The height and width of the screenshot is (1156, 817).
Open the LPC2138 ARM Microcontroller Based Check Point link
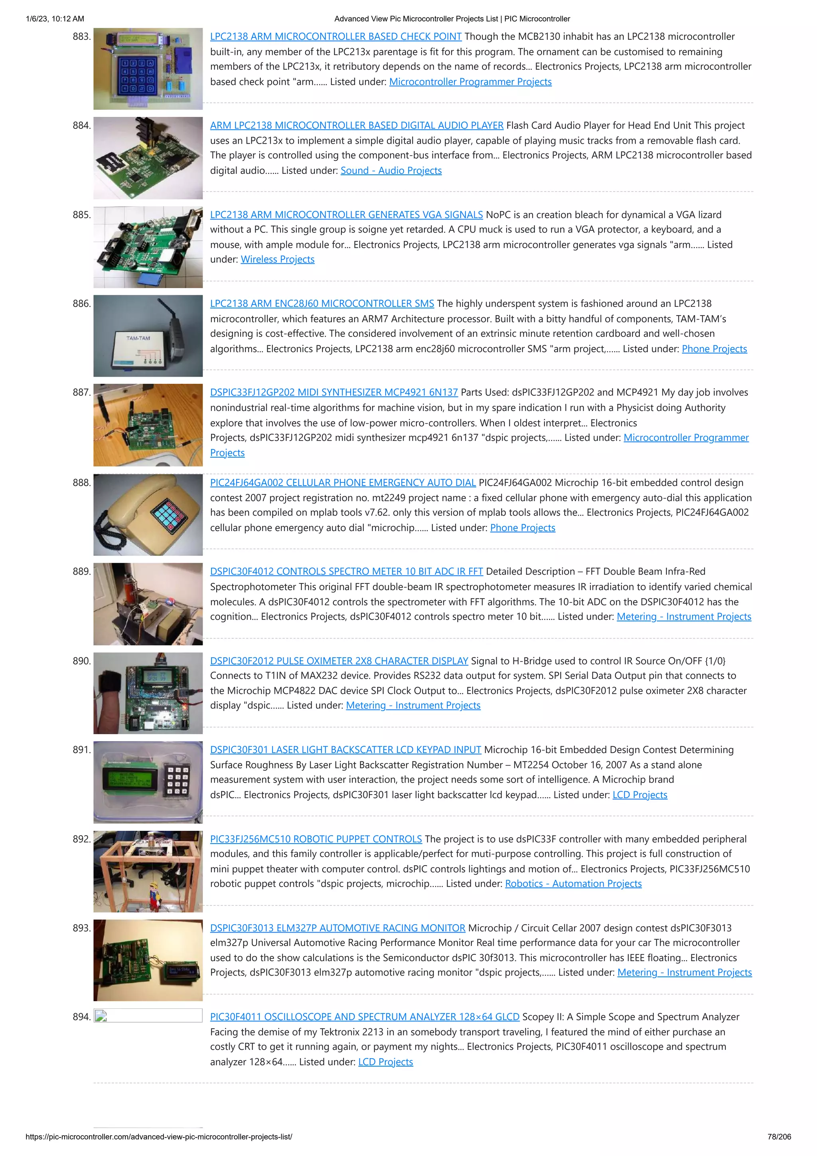click(336, 37)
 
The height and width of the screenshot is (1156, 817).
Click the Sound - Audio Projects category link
click(391, 171)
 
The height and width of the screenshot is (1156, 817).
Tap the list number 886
click(81, 304)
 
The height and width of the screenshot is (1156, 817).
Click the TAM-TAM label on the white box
click(138, 338)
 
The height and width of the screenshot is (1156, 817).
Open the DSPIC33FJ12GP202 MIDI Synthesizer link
click(334, 393)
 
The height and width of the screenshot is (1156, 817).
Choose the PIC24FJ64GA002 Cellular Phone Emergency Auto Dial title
click(343, 483)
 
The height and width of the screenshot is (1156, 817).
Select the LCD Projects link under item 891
click(640, 795)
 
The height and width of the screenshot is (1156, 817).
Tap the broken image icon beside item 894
click(101, 1016)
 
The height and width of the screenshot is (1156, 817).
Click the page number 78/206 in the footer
click(779, 1137)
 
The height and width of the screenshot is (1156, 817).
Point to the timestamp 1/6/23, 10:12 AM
click(55, 19)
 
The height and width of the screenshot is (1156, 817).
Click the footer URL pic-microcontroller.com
click(158, 1137)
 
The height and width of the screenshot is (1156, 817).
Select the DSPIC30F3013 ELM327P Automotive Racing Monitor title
click(337, 928)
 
